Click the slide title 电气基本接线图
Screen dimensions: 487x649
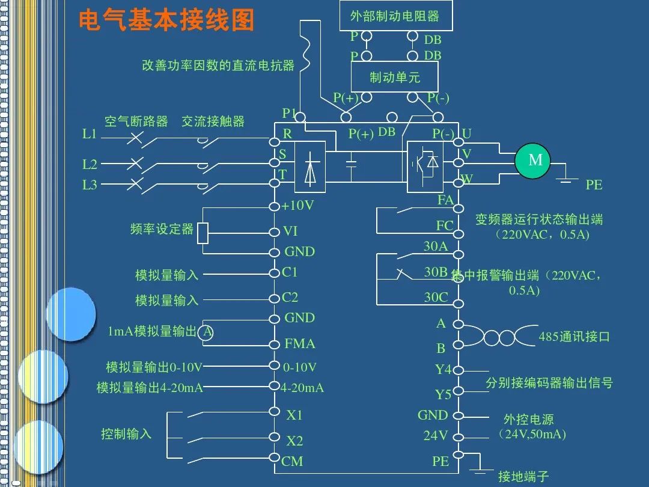(x=167, y=20)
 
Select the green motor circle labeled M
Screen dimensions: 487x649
(x=535, y=161)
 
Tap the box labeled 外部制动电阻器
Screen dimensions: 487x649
(x=394, y=16)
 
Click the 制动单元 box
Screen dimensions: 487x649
(x=394, y=77)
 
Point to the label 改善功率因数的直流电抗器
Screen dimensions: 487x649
(x=218, y=65)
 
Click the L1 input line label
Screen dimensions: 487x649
(x=90, y=135)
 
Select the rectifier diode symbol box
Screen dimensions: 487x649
(x=309, y=167)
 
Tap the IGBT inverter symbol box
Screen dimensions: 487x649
(x=425, y=167)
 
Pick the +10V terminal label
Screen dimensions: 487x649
(x=298, y=206)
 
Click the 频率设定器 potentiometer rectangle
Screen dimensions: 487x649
(x=203, y=233)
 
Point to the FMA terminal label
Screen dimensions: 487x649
(x=299, y=344)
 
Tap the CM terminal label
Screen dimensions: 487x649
(x=292, y=462)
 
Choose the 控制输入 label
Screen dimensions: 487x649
(x=126, y=434)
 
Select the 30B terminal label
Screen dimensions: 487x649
(x=436, y=272)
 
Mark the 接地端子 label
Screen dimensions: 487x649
(x=523, y=477)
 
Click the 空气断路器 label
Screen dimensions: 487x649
(x=136, y=121)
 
